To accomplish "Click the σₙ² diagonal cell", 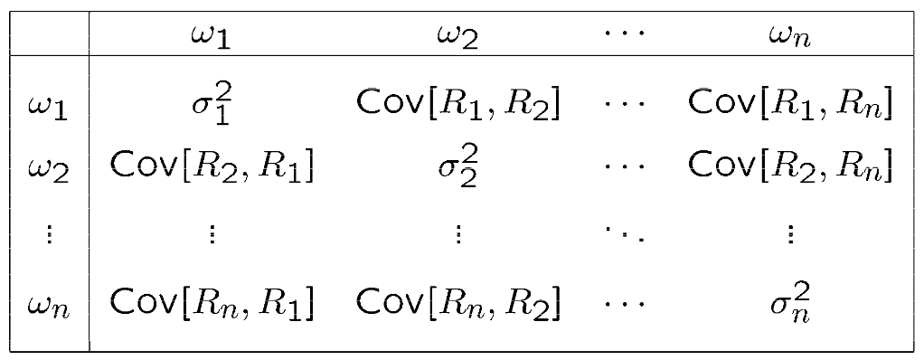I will pos(789,301).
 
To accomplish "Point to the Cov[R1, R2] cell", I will pos(458,106).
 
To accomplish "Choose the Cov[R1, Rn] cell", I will pos(789,106).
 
